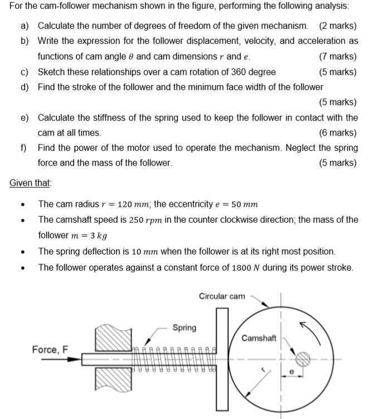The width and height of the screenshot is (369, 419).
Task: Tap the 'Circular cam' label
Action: [222, 296]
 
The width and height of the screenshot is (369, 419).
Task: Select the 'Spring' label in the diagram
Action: [184, 327]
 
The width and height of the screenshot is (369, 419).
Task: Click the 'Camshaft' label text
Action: [259, 338]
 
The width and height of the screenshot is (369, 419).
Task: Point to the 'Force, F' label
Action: [50, 349]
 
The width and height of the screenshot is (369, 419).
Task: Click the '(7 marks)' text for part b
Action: [338, 56]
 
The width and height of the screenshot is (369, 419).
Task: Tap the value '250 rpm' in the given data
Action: [159, 220]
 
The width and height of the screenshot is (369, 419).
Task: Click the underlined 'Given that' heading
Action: [31, 182]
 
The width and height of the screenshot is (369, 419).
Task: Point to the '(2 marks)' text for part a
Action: [338, 26]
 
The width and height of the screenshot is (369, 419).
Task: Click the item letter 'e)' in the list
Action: [25, 118]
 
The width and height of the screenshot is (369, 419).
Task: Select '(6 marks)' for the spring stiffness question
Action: [338, 133]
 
